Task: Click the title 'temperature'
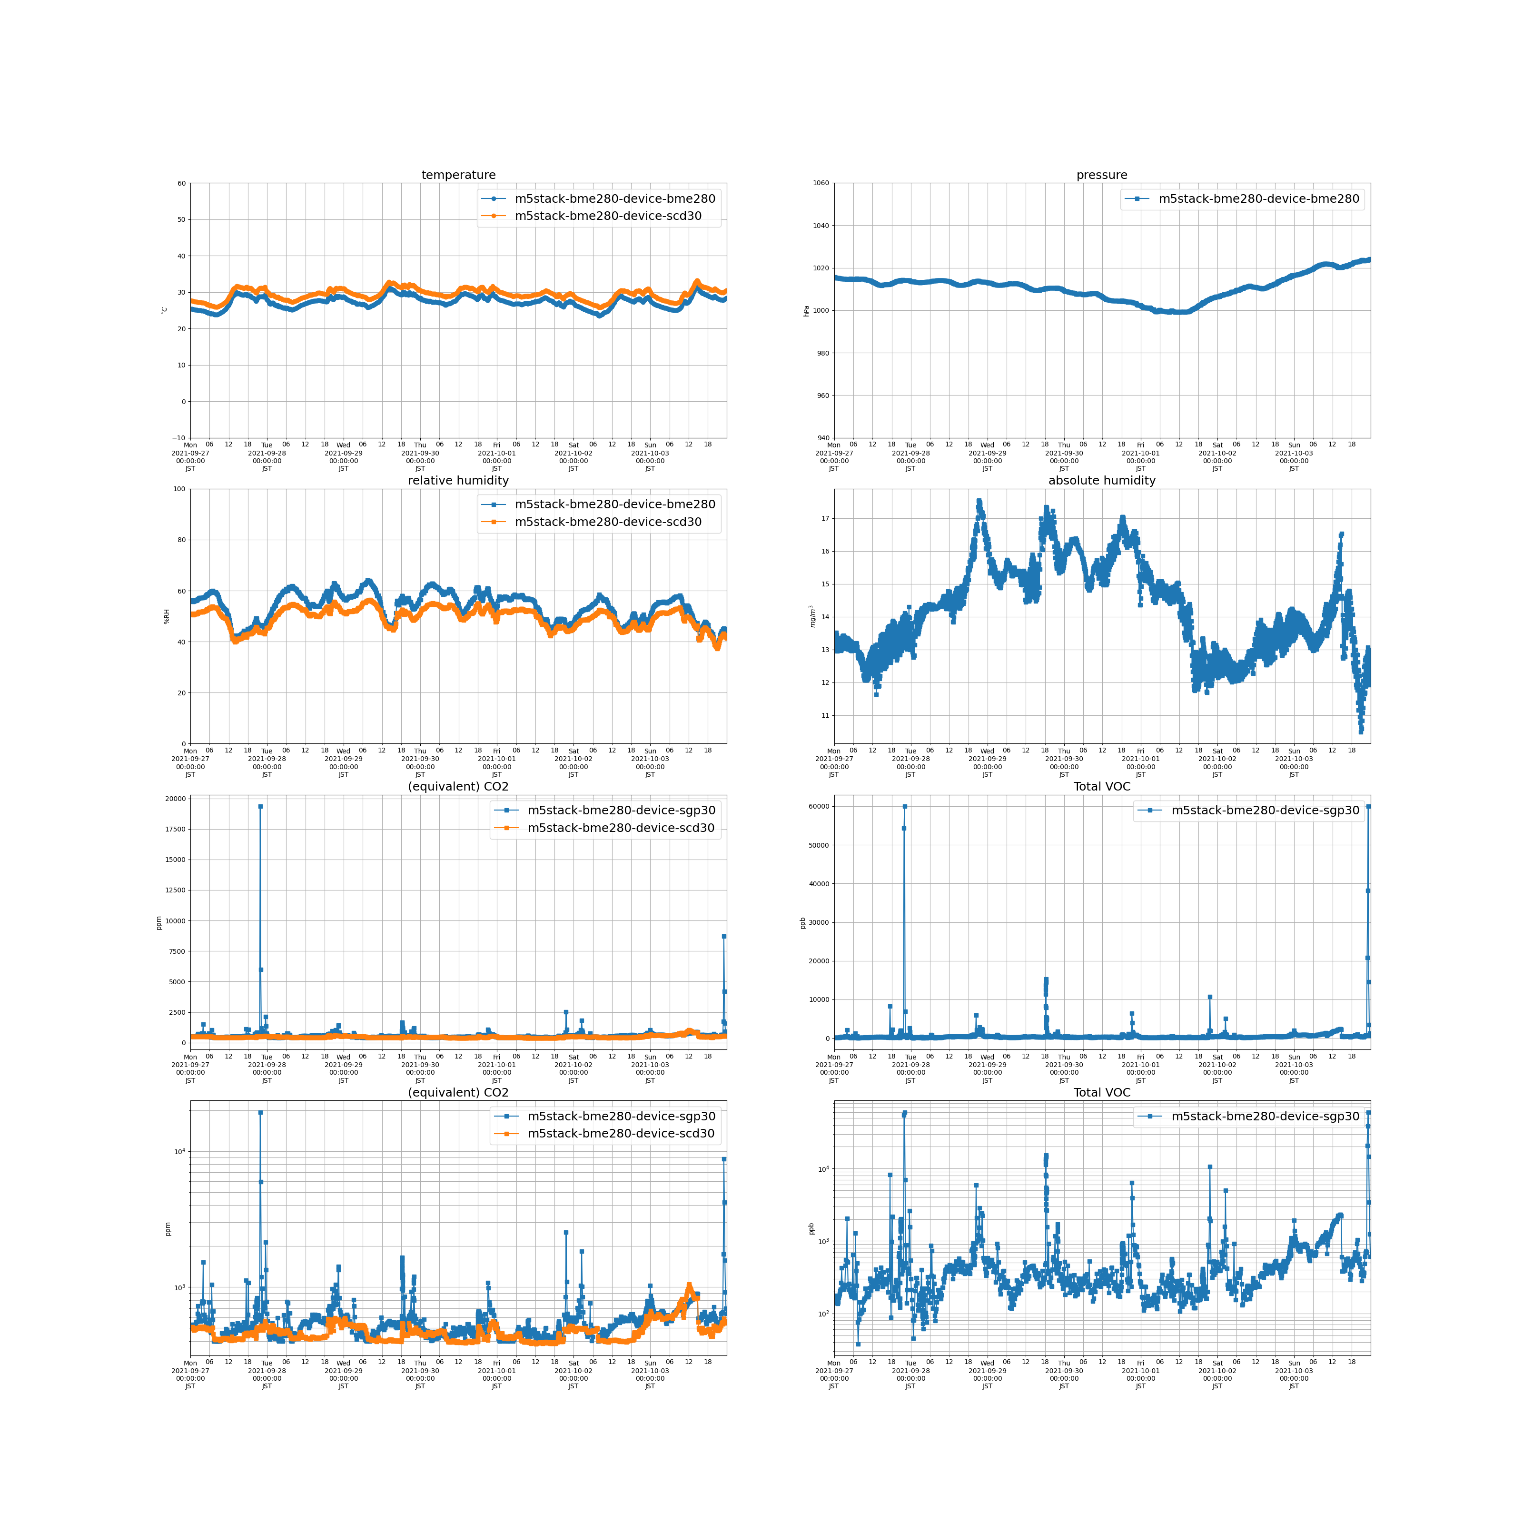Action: click(458, 175)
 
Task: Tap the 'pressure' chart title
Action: click(1101, 175)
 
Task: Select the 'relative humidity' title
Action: click(458, 480)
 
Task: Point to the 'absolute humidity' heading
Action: click(1101, 480)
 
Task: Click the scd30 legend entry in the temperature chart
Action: click(607, 216)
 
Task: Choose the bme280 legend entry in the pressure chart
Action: click(1258, 198)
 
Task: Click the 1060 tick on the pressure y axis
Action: click(821, 183)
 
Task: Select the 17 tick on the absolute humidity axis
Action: click(825, 519)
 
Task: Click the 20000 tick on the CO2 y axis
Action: click(175, 799)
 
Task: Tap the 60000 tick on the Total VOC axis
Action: click(819, 806)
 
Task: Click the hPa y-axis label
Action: click(806, 311)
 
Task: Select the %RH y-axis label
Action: click(166, 616)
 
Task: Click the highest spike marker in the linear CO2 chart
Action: click(260, 806)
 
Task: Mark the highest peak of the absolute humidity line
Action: click(979, 501)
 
